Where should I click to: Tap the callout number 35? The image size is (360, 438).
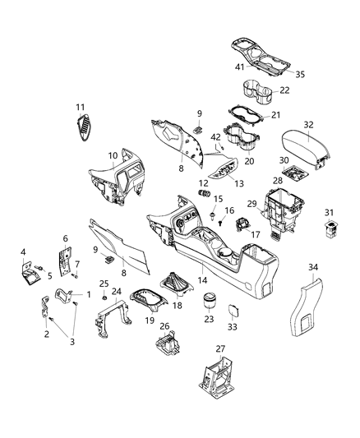(x=300, y=74)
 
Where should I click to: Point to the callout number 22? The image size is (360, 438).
(x=284, y=90)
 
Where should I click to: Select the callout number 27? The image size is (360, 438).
(x=219, y=349)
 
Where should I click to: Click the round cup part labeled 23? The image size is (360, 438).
(x=209, y=301)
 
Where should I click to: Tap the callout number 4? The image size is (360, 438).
(x=23, y=251)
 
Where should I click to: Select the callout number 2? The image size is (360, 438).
(x=45, y=334)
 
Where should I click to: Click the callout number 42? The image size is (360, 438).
(x=215, y=137)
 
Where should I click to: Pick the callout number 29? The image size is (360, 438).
(x=255, y=204)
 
